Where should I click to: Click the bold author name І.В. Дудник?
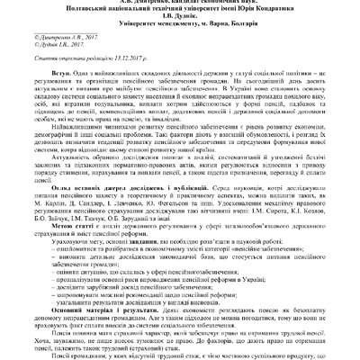coord(179,25)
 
